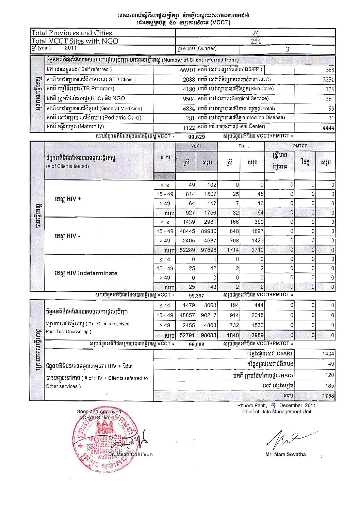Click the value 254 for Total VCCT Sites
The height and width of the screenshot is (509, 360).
coord(256,41)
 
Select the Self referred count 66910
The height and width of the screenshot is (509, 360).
coord(187,70)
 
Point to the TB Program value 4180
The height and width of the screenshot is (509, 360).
coord(189,89)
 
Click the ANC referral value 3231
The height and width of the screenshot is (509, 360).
coord(328,80)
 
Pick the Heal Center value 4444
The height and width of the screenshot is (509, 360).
coord(328,128)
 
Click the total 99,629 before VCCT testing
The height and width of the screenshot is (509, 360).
coord(197,137)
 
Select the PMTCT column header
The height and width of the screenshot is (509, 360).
coord(300,146)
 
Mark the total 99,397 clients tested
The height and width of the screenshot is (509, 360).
coord(196,296)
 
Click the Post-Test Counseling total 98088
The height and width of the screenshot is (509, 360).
coord(208,335)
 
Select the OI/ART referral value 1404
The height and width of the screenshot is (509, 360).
coord(328,354)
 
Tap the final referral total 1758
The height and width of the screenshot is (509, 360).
coord(328,396)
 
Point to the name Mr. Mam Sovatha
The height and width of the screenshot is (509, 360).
coord(285,454)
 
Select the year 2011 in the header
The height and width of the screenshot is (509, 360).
coord(71,48)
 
